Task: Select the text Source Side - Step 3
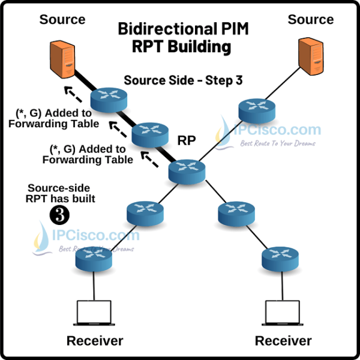183,80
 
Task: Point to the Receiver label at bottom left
94,341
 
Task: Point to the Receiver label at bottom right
283,341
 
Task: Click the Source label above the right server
310,19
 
